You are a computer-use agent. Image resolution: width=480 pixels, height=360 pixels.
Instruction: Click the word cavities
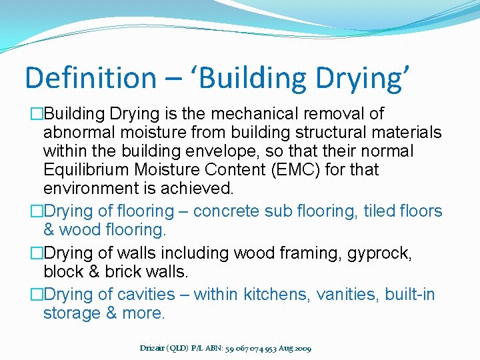coord(145,295)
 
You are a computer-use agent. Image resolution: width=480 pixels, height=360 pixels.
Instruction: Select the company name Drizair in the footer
coord(154,348)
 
